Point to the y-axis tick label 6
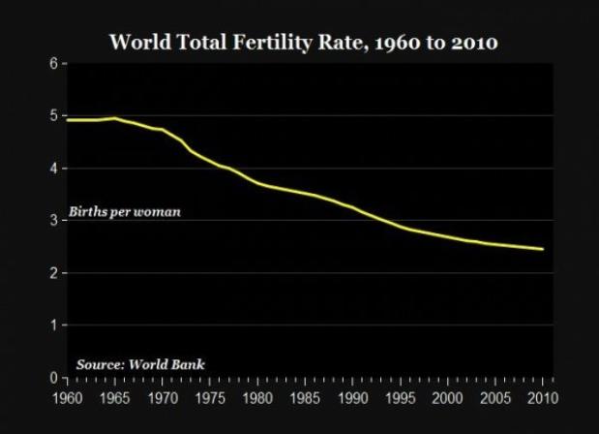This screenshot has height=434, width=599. point(53,64)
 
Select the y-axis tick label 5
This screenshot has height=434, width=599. point(53,116)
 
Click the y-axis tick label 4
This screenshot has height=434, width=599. point(53,169)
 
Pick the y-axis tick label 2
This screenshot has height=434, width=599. point(53,273)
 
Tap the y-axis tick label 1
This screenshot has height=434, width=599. point(53,325)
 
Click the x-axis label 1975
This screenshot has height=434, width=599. point(209,396)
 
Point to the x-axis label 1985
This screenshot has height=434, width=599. point(304,396)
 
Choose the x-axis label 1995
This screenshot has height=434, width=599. point(400,396)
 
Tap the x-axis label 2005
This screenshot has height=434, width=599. point(494,396)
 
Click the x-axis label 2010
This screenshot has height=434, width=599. point(542,396)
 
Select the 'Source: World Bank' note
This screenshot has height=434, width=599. point(140,364)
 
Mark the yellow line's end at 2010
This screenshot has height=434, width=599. point(542,249)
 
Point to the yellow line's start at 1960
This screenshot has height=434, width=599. point(67,120)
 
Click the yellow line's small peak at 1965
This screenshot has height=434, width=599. point(114,118)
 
